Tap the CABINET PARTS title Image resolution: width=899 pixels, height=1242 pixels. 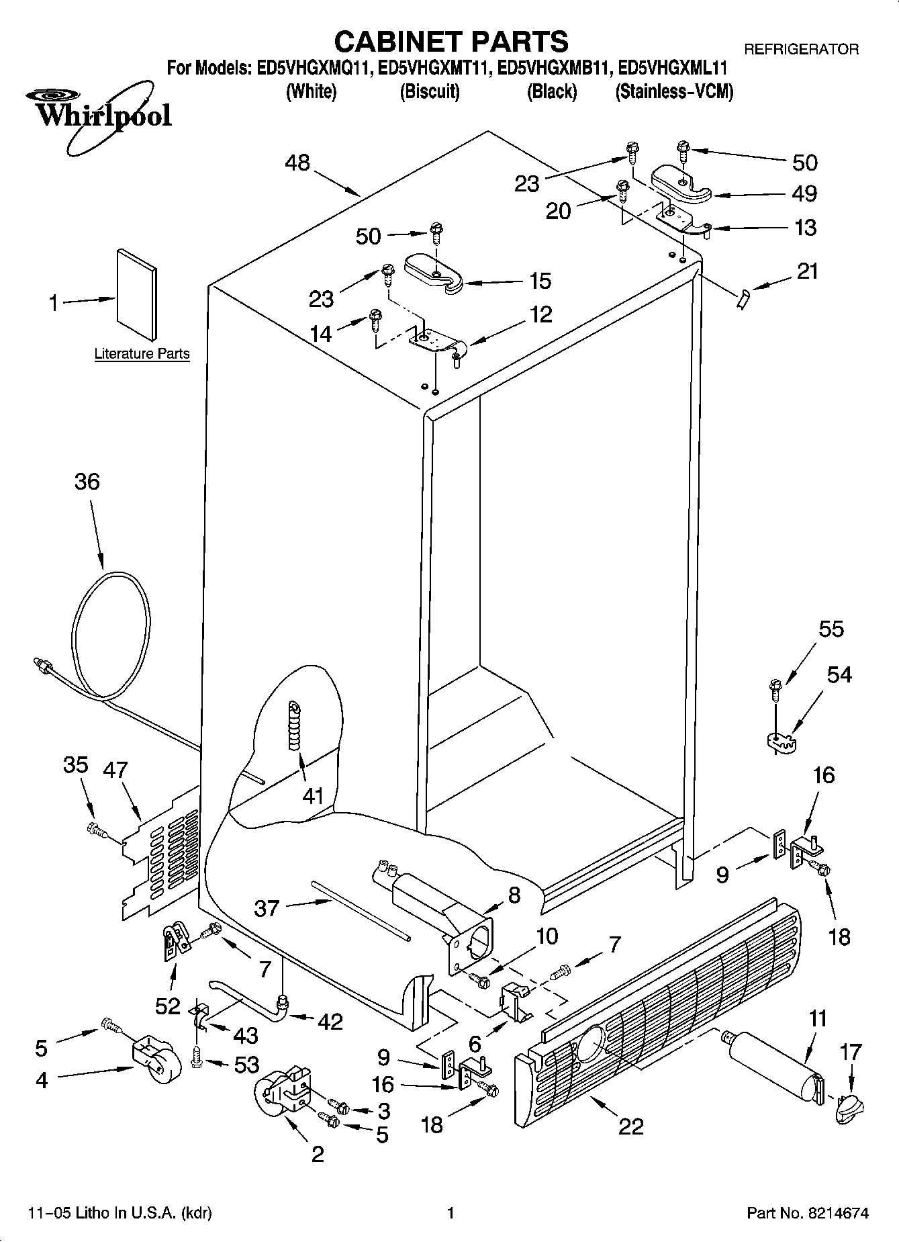(451, 42)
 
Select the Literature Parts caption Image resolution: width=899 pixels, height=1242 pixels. (142, 353)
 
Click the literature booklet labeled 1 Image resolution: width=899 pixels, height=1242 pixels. (137, 294)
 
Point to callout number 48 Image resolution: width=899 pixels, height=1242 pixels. (297, 163)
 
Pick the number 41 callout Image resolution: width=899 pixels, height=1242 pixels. (313, 796)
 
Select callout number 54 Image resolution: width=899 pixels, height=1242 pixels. (839, 674)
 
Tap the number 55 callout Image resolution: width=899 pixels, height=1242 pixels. (831, 629)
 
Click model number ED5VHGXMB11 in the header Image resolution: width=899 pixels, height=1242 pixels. (555, 68)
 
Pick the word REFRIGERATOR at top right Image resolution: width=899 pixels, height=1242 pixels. (800, 49)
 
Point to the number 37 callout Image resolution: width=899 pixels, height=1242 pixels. (266, 908)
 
